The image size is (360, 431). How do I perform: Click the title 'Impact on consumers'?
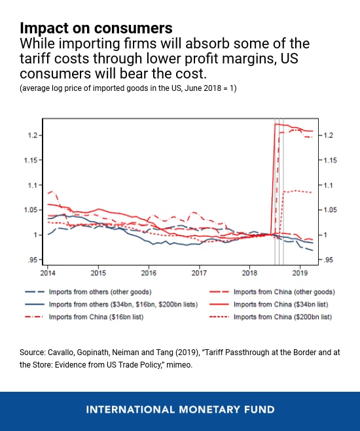click(96, 28)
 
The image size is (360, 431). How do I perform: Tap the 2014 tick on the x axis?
click(48, 271)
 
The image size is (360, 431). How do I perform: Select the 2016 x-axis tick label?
click(149, 271)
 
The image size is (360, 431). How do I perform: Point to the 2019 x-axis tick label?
click(300, 271)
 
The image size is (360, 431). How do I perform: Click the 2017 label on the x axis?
click(199, 271)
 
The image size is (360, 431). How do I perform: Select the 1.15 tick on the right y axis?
click(329, 160)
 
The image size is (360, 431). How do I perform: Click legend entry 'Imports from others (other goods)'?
click(111, 292)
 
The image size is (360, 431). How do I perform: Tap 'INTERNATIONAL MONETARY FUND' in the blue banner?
click(180, 410)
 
